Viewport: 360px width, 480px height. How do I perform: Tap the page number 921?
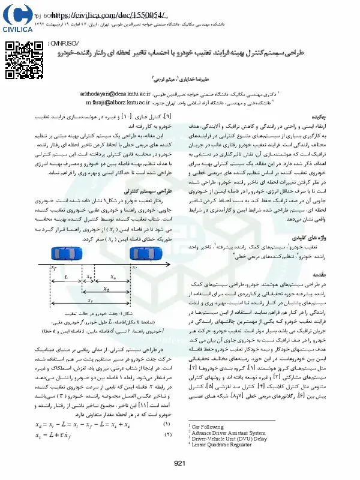179,463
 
